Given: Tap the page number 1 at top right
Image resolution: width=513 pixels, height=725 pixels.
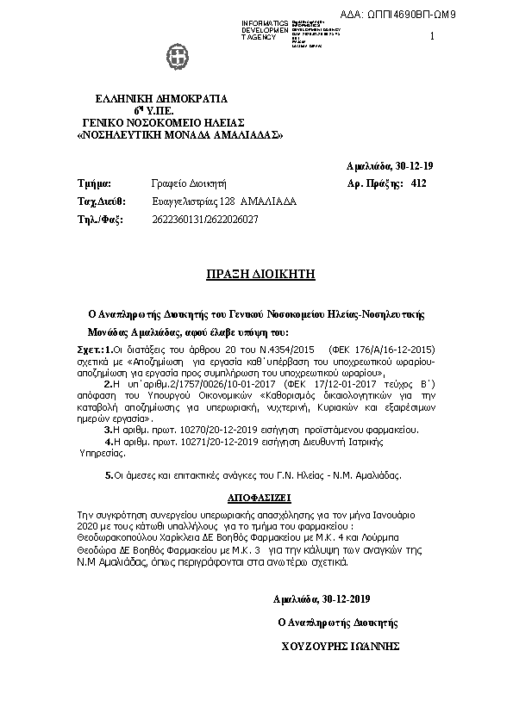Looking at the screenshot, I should coord(432,36).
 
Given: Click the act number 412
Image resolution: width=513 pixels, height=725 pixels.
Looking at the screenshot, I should coord(419,183).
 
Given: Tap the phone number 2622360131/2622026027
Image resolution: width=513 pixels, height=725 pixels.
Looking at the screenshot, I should coord(204,220).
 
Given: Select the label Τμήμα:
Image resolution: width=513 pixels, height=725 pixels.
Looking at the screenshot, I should coord(95,183).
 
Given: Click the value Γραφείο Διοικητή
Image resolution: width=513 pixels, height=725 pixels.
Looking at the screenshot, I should coord(188,183).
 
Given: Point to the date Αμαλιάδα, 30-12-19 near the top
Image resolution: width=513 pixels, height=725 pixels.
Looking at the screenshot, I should coord(378,164).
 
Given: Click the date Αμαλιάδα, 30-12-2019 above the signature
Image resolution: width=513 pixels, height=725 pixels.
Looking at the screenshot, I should coord(322,598).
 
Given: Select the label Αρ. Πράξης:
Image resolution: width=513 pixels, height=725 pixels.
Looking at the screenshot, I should coord(374,183).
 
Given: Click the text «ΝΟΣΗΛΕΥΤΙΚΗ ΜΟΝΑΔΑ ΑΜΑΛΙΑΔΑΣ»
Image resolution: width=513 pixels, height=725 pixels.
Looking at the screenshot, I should coord(181,135).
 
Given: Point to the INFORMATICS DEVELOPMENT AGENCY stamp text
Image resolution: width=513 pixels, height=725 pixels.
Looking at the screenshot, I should coord(259,30).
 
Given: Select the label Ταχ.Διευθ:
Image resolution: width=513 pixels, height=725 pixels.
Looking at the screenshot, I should coord(102,201).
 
